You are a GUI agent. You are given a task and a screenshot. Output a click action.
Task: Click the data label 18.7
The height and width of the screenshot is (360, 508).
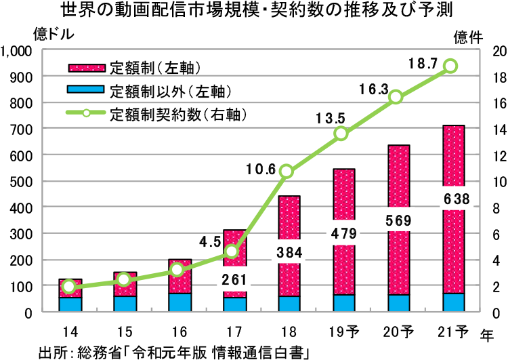pos(423,65)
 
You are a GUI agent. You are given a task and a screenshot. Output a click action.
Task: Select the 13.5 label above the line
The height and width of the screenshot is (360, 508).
pos(331,119)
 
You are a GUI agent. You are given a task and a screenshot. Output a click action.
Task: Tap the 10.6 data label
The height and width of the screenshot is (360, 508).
pos(261,170)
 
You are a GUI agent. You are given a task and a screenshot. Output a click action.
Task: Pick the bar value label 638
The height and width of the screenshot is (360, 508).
pos(454,199)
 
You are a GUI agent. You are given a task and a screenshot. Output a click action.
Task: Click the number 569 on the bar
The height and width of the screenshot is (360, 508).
pos(399,221)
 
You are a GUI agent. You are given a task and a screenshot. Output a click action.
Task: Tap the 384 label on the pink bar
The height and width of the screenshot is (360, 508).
pos(289,254)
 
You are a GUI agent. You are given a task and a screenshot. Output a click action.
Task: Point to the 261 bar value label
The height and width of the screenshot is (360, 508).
pos(234,279)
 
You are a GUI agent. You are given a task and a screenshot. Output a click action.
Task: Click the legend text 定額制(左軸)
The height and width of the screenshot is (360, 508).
pos(156,68)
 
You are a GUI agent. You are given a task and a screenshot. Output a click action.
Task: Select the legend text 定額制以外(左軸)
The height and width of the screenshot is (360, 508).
pos(171,92)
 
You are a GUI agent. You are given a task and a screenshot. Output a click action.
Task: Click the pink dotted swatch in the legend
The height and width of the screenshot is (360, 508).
pos(87,68)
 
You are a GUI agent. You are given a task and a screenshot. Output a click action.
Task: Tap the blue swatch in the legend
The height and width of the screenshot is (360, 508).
pos(87,90)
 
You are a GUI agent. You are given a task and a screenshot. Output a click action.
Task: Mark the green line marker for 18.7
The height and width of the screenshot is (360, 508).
pos(450,66)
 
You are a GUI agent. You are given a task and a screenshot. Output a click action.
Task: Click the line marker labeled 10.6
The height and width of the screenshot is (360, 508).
pos(286,171)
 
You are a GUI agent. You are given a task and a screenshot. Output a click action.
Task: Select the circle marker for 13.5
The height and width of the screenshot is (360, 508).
pos(341,134)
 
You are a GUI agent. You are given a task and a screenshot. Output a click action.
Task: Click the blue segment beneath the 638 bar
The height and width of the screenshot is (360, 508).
pos(454,302)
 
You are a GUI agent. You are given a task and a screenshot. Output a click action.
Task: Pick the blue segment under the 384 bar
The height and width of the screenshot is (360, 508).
pos(289,304)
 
